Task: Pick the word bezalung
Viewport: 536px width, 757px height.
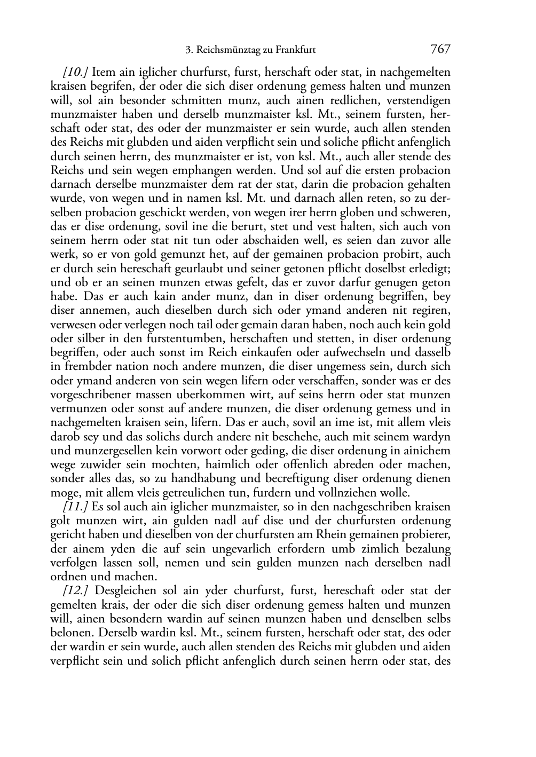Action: [x=427, y=549]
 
